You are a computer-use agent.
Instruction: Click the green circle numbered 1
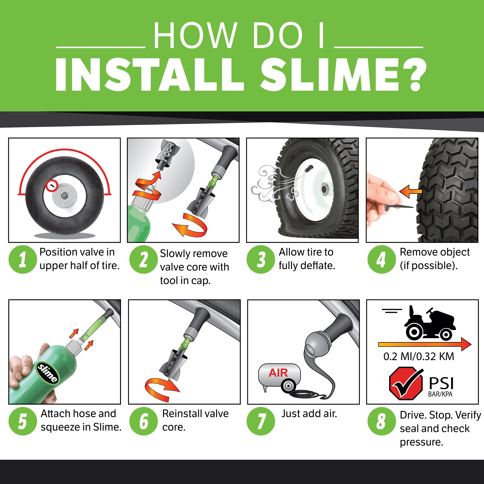[23, 260]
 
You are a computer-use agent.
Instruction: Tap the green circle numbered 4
[381, 260]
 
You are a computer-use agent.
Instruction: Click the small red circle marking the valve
[52, 186]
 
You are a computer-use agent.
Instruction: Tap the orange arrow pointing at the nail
[410, 192]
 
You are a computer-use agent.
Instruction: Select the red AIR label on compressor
[278, 373]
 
